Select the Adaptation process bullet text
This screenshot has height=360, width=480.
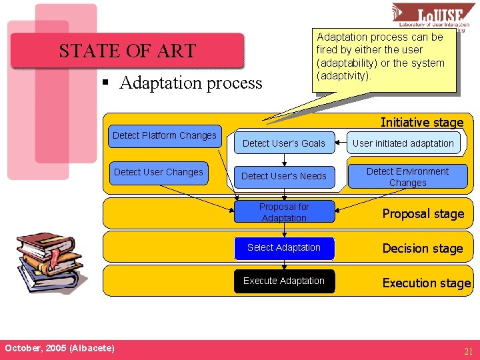click(191, 83)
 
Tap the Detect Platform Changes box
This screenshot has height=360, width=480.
click(164, 136)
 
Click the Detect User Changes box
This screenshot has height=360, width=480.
click(159, 173)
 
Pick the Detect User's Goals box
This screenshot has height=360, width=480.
click(284, 143)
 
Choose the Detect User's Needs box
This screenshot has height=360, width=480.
click(284, 176)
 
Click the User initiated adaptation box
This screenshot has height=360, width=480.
click(403, 143)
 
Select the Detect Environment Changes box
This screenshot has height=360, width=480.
click(407, 177)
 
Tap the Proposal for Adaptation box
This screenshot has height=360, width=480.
click(284, 212)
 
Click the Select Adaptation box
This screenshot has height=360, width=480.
click(284, 247)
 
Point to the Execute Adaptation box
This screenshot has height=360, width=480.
click(284, 281)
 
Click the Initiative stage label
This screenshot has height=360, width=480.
click(421, 122)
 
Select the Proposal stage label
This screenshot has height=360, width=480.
click(423, 214)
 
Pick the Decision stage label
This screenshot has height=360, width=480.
click(422, 249)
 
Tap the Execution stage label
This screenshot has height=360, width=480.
click(426, 283)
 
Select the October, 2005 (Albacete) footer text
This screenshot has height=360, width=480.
click(59, 349)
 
